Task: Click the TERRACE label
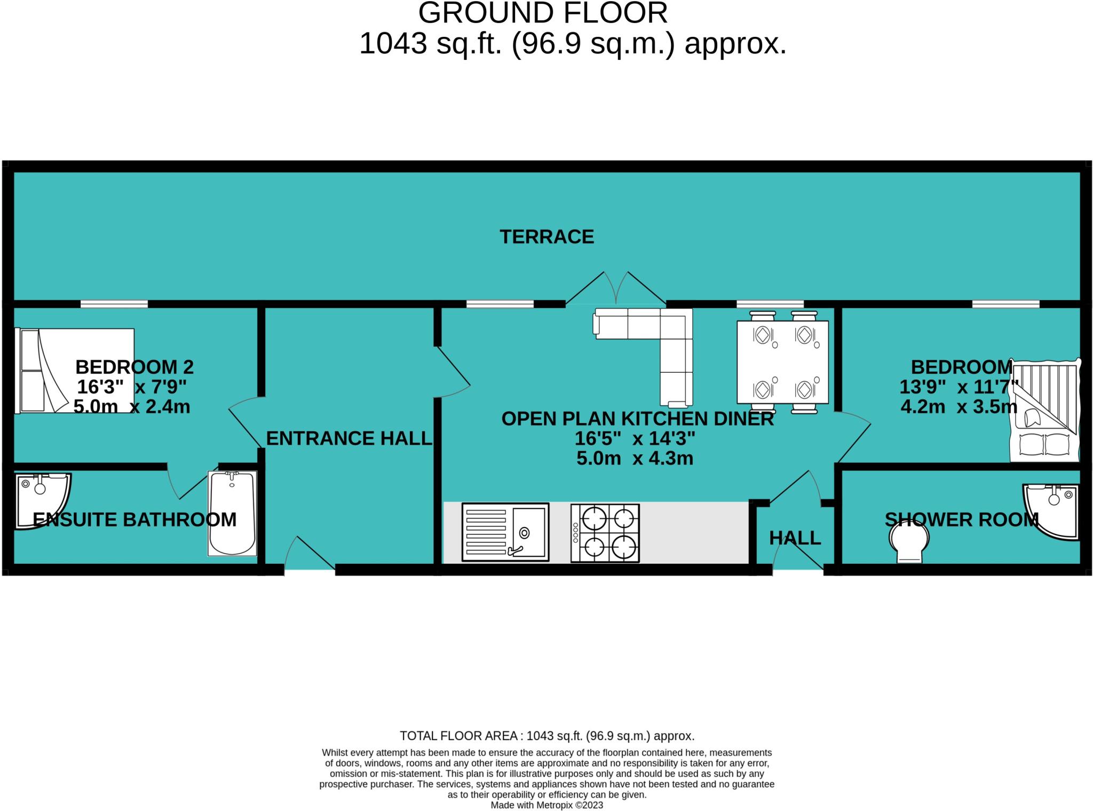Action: [546, 237]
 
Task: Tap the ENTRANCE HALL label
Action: [349, 438]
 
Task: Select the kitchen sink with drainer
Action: [505, 532]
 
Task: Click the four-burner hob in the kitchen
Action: [605, 533]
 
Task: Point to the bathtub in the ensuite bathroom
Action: [232, 513]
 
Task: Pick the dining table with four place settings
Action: [782, 362]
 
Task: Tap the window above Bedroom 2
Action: [114, 304]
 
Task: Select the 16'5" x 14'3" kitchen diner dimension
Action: [635, 439]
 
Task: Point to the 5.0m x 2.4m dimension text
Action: [132, 407]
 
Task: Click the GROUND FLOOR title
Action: [543, 13]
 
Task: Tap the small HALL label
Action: [795, 538]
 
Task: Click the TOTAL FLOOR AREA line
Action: [547, 736]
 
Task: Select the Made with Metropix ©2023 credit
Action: [546, 805]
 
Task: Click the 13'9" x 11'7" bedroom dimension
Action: [960, 387]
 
